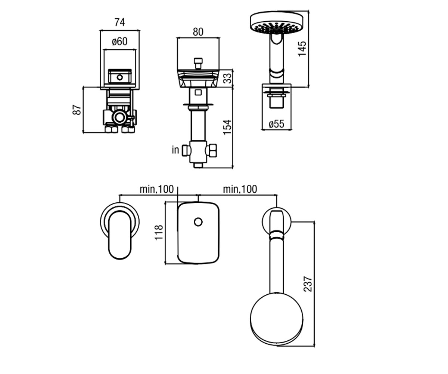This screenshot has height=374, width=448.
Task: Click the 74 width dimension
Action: [119, 22]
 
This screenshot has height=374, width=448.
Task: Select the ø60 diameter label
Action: [119, 41]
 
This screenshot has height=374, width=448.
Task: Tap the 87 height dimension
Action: [77, 110]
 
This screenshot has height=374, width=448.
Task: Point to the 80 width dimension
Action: [198, 32]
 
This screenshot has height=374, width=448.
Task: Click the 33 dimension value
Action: [228, 78]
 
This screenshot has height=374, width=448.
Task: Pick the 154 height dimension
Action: [228, 128]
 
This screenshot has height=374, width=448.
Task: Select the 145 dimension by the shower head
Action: [302, 49]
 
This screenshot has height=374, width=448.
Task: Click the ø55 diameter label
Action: [276, 124]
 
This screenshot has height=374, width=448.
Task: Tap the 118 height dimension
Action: [159, 233]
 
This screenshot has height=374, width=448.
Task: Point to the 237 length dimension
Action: [308, 284]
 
